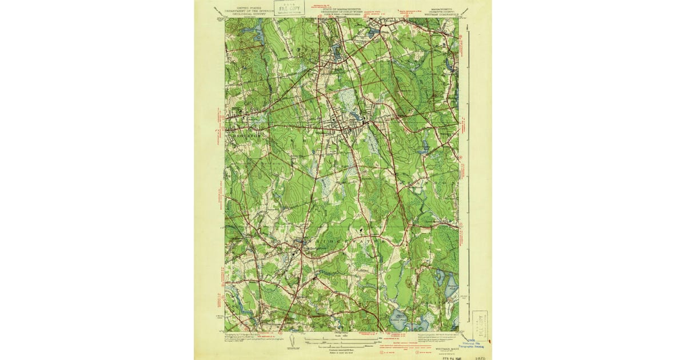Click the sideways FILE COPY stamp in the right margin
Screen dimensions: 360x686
(480, 326)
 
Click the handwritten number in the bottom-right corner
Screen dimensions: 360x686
(481, 355)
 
